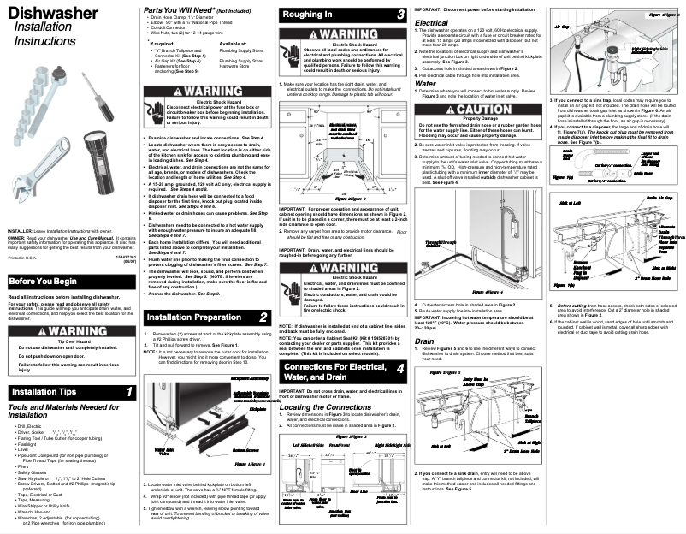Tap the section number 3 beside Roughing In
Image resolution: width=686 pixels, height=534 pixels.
tap(401, 15)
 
